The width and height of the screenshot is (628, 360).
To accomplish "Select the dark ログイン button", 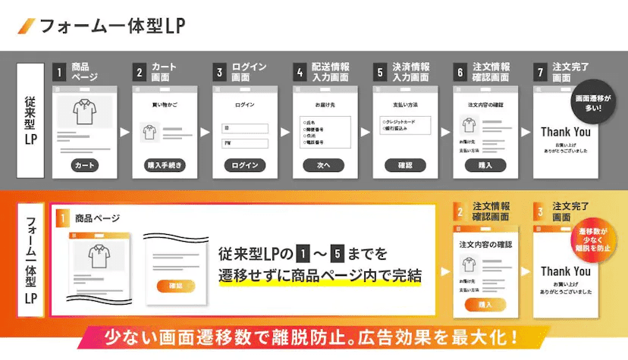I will coord(245,165).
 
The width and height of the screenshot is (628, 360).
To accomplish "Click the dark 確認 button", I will coord(405,165).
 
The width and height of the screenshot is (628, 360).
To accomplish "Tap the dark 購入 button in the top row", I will coord(485,165).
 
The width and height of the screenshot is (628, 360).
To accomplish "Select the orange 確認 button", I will coord(176,286).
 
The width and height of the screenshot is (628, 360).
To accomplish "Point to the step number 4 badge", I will coord(300,73).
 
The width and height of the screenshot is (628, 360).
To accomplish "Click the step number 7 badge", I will coord(541,73).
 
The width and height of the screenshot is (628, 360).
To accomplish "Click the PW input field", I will coord(245,143).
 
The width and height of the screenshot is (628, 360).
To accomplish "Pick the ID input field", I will coord(245,128).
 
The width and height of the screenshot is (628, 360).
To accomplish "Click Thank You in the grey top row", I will coord(565,132).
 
